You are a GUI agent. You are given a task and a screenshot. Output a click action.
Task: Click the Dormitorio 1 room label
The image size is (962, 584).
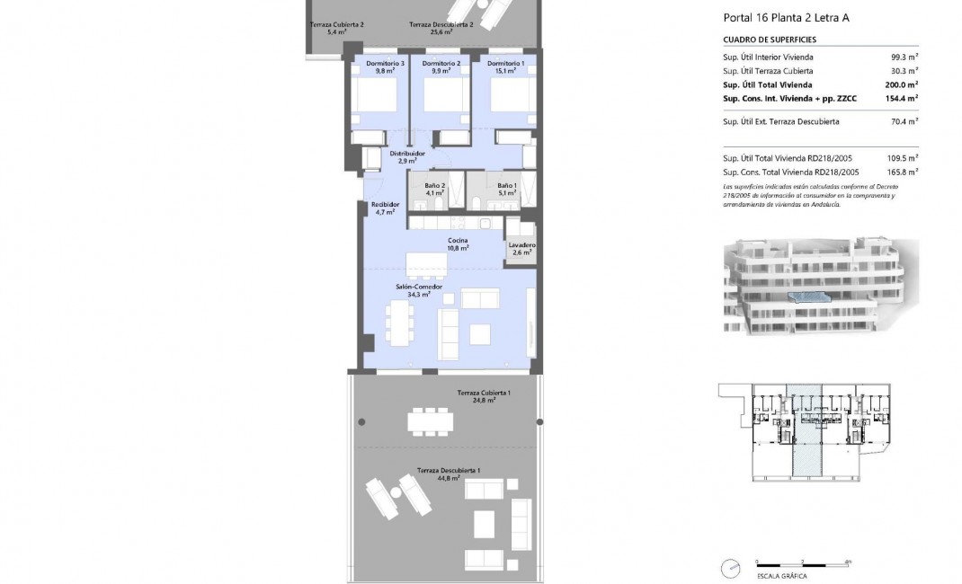[505, 67]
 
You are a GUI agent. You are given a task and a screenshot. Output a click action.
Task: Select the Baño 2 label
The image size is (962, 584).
[436, 189]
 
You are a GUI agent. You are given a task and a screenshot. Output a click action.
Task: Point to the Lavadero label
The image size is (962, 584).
[521, 249]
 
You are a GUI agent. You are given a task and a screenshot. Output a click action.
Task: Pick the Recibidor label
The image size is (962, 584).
[384, 208]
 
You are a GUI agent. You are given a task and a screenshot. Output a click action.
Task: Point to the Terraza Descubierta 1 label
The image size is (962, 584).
[449, 473]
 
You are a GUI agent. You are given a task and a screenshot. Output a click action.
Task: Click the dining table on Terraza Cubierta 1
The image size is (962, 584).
[432, 420]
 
